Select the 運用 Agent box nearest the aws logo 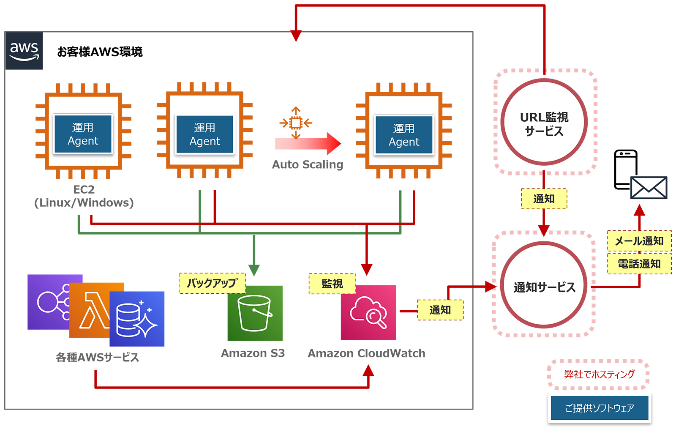pos(83,134)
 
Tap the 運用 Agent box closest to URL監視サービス pos(404,135)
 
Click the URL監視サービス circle pos(544,123)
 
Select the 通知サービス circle pos(544,287)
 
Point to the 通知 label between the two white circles pos(544,198)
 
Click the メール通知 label pos(639,241)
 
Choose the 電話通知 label pos(639,264)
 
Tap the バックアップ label pos(212,283)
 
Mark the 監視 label pos(332,284)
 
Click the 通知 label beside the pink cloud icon pos(440,310)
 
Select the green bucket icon pos(254,313)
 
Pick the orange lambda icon pos(95,310)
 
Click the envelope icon pos(649,188)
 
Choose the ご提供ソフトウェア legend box pos(599,408)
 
